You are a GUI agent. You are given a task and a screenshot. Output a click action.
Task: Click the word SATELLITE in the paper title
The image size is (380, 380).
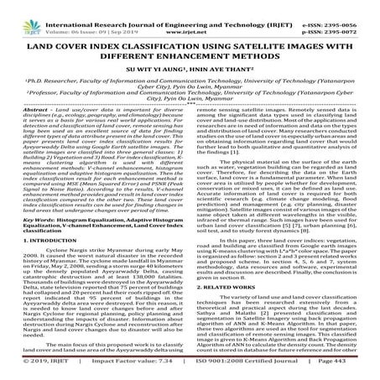265,36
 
